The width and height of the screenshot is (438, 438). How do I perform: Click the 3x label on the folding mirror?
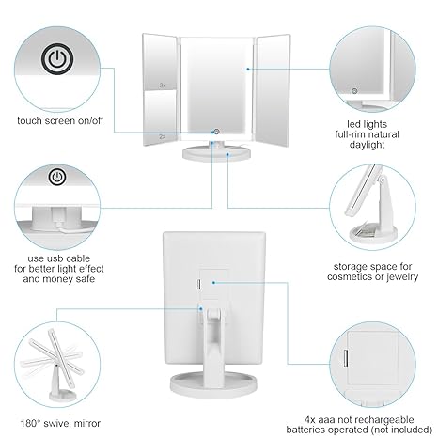[163, 85]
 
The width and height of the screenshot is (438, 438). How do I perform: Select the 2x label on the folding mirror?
[163, 136]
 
